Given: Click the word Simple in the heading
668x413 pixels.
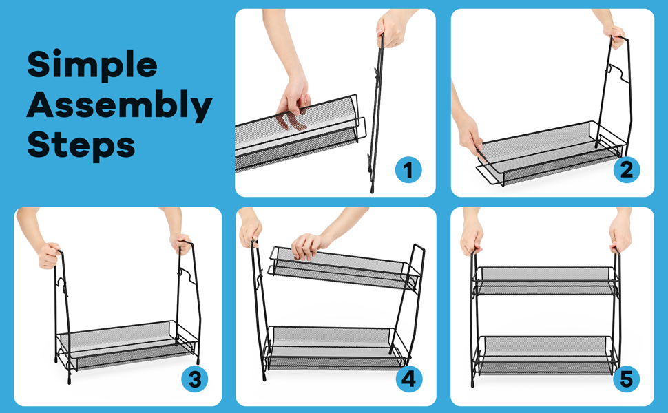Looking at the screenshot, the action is pyautogui.click(x=92, y=64).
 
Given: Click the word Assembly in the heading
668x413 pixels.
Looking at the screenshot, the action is pyautogui.click(x=119, y=105).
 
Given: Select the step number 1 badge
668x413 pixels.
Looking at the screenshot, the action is pyautogui.click(x=408, y=170).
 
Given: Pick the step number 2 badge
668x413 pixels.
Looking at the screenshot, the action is pyautogui.click(x=626, y=170).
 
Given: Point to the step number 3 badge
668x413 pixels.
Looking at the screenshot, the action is pyautogui.click(x=195, y=379).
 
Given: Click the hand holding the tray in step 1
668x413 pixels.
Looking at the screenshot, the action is pyautogui.click(x=293, y=96).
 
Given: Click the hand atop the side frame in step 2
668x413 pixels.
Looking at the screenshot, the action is pyautogui.click(x=614, y=35).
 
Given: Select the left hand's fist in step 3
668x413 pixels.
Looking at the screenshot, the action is pyautogui.click(x=49, y=255).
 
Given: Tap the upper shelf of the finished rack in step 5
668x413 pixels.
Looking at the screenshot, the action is pyautogui.click(x=545, y=281).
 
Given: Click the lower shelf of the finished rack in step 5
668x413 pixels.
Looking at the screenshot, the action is pyautogui.click(x=545, y=354).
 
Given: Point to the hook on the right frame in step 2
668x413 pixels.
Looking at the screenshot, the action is pyautogui.click(x=618, y=73).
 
